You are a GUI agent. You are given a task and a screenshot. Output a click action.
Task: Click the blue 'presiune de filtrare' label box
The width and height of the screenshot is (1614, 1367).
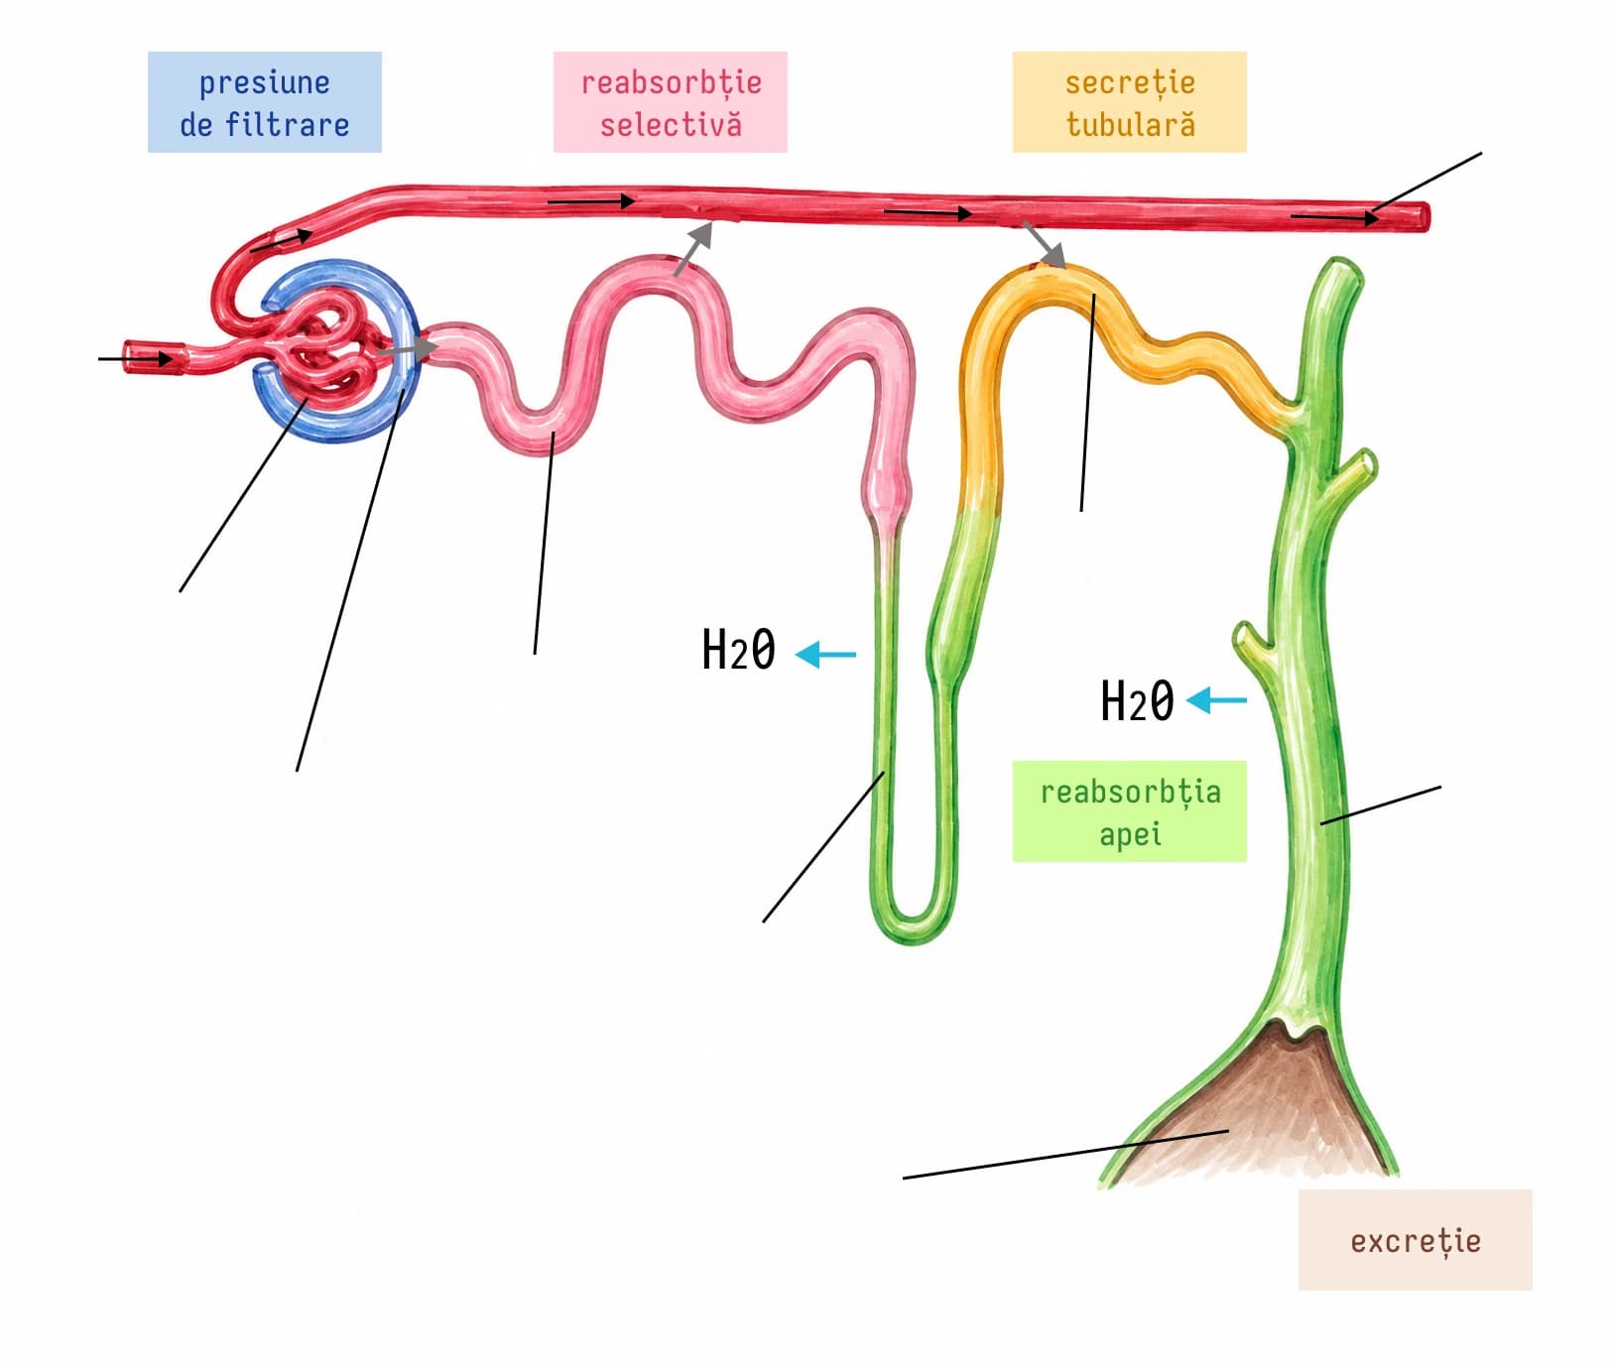pos(264,102)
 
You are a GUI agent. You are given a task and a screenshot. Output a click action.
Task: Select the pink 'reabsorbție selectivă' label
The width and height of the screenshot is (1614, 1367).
pos(670,102)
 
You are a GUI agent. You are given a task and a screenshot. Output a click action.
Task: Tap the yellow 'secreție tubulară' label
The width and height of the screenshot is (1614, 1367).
pos(1129,102)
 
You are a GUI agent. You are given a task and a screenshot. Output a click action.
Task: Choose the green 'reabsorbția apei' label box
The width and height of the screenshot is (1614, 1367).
pos(1129,811)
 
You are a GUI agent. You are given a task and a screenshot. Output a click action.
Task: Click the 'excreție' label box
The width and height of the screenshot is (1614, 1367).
pos(1415,1240)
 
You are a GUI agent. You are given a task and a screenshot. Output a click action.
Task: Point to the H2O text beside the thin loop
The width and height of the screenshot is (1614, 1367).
pos(738,651)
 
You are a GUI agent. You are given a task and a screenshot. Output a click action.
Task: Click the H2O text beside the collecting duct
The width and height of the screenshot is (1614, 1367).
pos(1137,700)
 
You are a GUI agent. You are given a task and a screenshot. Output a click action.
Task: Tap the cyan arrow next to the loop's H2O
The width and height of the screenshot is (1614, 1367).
pos(825,654)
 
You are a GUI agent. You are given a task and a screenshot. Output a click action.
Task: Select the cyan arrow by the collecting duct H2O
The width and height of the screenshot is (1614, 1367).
pos(1216,700)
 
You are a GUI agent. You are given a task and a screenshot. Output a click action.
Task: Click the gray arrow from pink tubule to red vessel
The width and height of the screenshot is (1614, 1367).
pos(693,248)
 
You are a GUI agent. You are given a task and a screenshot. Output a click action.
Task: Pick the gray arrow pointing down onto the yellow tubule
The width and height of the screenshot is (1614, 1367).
pos(1044,245)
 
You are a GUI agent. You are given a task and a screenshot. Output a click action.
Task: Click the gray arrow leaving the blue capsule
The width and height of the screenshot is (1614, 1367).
pos(407,348)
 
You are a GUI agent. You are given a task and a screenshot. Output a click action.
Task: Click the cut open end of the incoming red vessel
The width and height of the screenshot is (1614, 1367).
pos(131,356)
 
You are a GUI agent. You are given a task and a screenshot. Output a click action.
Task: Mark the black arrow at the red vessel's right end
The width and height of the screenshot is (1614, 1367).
pos(1335,216)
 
